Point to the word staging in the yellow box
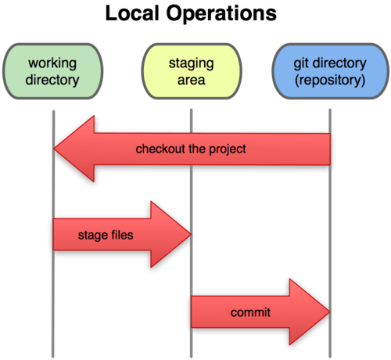tap(192, 61)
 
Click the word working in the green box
tap(53, 61)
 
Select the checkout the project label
tap(191, 149)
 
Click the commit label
tap(250, 313)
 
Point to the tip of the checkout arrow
tap(56, 149)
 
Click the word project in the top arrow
tap(229, 149)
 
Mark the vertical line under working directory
tap(53, 297)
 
